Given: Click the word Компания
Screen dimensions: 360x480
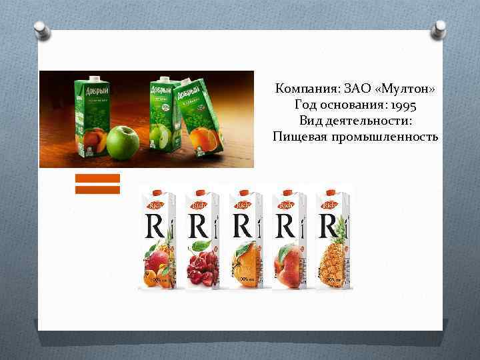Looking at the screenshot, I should click(307, 89).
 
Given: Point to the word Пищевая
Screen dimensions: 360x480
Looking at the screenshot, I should click(298, 137).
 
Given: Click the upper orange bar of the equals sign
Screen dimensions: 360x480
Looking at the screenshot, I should click(97, 178).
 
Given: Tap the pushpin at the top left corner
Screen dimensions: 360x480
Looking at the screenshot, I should click(40, 29).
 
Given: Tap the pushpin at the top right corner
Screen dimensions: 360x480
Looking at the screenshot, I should click(440, 28).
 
